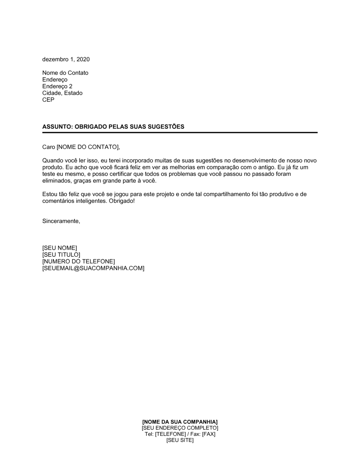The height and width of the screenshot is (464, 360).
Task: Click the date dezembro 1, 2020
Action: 66,59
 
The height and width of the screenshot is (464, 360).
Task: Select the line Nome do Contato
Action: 65,73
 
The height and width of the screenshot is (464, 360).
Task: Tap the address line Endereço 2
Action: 57,86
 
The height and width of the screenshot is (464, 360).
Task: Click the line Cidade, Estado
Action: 62,93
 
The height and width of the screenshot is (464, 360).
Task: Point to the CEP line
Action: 48,100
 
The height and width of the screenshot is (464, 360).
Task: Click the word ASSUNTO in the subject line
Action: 57,127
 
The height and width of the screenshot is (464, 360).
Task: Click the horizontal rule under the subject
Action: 180,133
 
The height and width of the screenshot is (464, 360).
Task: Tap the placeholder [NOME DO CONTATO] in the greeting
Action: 87,147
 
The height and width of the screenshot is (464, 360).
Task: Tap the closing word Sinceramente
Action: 61,221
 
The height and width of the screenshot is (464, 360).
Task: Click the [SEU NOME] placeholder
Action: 59,248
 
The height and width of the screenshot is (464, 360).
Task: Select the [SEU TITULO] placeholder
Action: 61,255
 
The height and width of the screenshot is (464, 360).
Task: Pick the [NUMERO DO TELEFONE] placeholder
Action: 78,261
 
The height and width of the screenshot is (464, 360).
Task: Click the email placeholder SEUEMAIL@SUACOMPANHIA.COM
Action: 93,268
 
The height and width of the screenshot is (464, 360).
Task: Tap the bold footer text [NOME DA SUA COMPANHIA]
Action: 180,422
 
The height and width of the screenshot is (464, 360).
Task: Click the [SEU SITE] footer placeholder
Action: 180,440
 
